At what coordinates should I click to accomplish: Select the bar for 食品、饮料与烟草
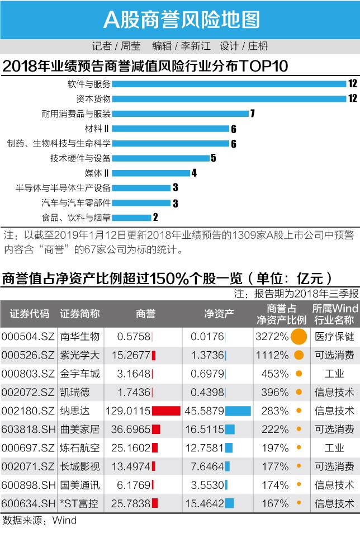(x=131, y=217)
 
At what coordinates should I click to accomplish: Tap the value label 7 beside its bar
(x=253, y=114)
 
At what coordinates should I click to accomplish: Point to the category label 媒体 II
(x=96, y=173)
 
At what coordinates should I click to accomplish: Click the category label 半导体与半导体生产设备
(x=63, y=188)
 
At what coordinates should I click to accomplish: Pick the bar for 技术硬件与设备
(x=160, y=158)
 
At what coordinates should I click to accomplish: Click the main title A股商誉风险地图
(x=180, y=20)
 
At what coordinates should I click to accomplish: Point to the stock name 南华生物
(x=79, y=337)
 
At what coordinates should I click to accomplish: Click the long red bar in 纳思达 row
(x=166, y=411)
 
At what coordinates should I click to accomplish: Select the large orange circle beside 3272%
(x=299, y=337)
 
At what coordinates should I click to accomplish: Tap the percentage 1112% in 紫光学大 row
(x=272, y=355)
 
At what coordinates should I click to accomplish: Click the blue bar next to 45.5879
(x=238, y=411)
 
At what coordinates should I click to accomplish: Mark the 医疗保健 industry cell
(x=334, y=337)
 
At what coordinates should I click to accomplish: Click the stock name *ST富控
(x=79, y=504)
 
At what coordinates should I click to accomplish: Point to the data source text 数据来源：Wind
(x=39, y=521)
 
